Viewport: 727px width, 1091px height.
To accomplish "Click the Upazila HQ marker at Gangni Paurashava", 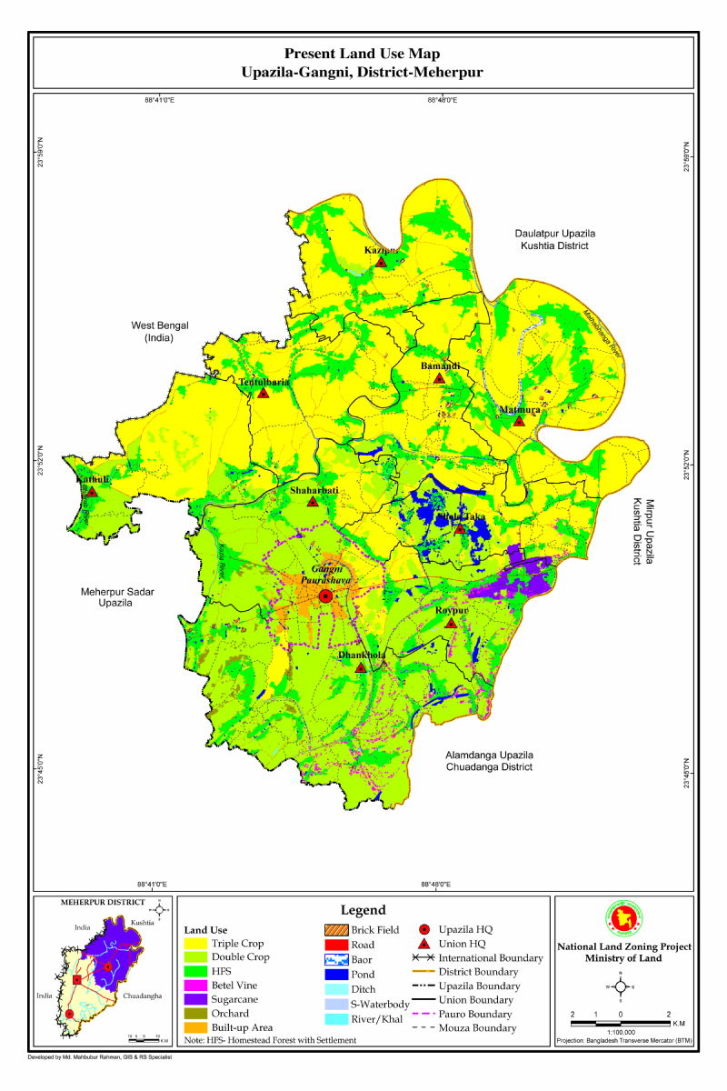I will (x=325, y=596).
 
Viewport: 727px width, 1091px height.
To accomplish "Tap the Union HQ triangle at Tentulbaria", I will (x=264, y=394).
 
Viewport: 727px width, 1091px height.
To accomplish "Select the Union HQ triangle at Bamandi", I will (x=439, y=378).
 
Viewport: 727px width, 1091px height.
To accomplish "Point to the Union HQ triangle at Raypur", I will (x=450, y=623).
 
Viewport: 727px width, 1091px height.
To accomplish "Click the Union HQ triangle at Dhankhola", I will (x=361, y=667).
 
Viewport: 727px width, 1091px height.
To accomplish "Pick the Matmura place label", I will (x=520, y=410).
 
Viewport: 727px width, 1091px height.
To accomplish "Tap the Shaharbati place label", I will (x=314, y=490).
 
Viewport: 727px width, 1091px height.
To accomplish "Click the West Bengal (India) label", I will (x=157, y=331).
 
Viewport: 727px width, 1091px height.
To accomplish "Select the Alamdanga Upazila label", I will (x=488, y=756).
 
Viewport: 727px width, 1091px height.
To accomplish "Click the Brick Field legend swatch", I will (x=341, y=930).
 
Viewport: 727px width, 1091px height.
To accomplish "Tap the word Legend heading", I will (x=363, y=910).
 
